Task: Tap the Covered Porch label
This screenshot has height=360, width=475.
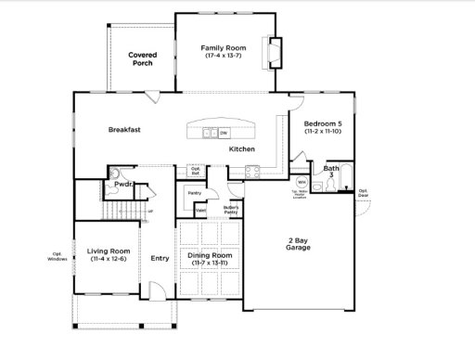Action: pyautogui.click(x=142, y=59)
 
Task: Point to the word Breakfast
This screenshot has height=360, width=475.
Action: pyautogui.click(x=124, y=130)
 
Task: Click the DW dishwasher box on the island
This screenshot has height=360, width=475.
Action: pyautogui.click(x=224, y=133)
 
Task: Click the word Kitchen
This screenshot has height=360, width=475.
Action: pyautogui.click(x=242, y=149)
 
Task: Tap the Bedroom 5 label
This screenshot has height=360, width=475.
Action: pyautogui.click(x=322, y=128)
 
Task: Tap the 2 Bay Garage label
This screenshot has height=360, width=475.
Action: pyautogui.click(x=298, y=246)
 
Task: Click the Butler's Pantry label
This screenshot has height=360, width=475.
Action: pyautogui.click(x=232, y=211)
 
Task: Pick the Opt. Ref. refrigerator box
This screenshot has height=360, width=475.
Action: pyautogui.click(x=196, y=171)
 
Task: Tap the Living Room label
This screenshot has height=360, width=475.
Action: pyautogui.click(x=106, y=254)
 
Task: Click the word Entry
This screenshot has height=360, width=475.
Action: pyautogui.click(x=160, y=259)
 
